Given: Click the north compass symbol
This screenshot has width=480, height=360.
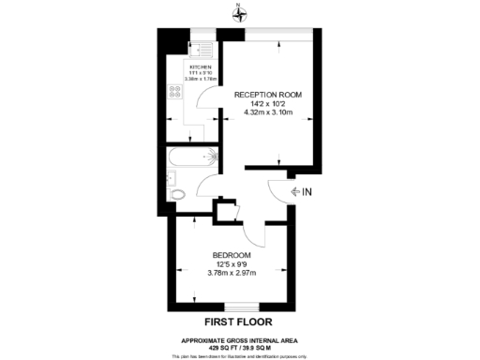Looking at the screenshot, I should tap(240, 12).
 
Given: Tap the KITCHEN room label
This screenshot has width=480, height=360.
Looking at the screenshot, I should tap(201, 67).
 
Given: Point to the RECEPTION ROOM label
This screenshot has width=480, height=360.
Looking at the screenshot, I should tap(268, 95).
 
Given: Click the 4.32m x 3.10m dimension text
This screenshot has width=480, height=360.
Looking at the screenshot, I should tap(268, 114).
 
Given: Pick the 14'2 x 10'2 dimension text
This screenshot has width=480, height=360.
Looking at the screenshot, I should tap(268, 104).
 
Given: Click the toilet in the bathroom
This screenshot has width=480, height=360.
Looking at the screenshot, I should tap(177, 194).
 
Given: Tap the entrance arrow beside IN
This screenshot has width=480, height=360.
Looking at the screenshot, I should tap(296, 191).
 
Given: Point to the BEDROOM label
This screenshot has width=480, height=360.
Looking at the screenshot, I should tap(232, 256).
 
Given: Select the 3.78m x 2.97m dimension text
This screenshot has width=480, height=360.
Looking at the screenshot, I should tap(232, 274).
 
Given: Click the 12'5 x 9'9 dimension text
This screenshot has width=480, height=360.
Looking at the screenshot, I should tap(232, 264).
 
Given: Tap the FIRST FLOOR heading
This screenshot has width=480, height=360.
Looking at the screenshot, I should tap(232, 320).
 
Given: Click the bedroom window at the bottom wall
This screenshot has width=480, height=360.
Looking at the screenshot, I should tap(240, 307).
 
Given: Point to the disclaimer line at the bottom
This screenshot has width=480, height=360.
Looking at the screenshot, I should tap(240, 355).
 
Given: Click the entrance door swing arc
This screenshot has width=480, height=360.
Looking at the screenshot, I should tap(277, 191).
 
